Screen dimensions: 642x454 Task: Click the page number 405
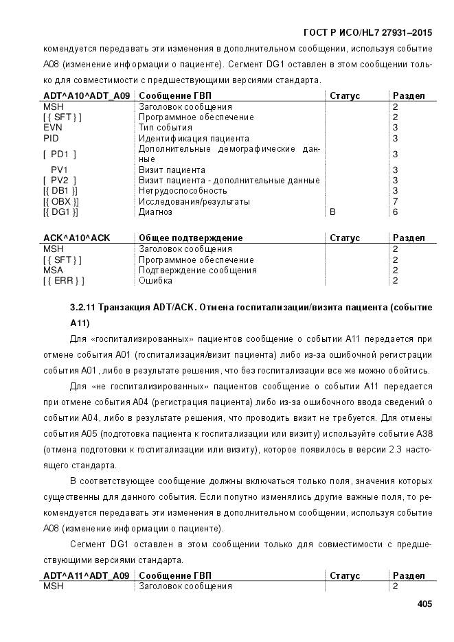point(424,604)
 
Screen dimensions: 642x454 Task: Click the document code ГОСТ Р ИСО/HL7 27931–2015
point(372,33)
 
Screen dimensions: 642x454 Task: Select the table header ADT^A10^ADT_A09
point(87,95)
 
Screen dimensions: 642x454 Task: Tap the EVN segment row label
point(53,128)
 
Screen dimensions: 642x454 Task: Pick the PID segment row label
point(52,138)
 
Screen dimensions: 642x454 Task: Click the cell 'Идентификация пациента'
point(194,138)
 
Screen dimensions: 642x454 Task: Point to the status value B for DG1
point(333,212)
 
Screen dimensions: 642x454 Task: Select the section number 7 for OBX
point(395,201)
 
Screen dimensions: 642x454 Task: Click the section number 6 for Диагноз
point(395,212)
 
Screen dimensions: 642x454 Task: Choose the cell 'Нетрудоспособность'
point(183,191)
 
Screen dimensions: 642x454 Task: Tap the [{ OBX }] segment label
point(60,201)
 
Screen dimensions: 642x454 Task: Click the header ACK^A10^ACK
point(77,238)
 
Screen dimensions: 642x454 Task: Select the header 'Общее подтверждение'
point(191,238)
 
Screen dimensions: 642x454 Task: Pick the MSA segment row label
point(54,270)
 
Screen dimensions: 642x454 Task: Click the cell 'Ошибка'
point(156,281)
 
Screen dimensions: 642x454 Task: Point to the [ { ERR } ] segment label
point(63,281)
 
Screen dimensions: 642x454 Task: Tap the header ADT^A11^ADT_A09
point(87,575)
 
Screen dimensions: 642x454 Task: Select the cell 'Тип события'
point(166,128)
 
